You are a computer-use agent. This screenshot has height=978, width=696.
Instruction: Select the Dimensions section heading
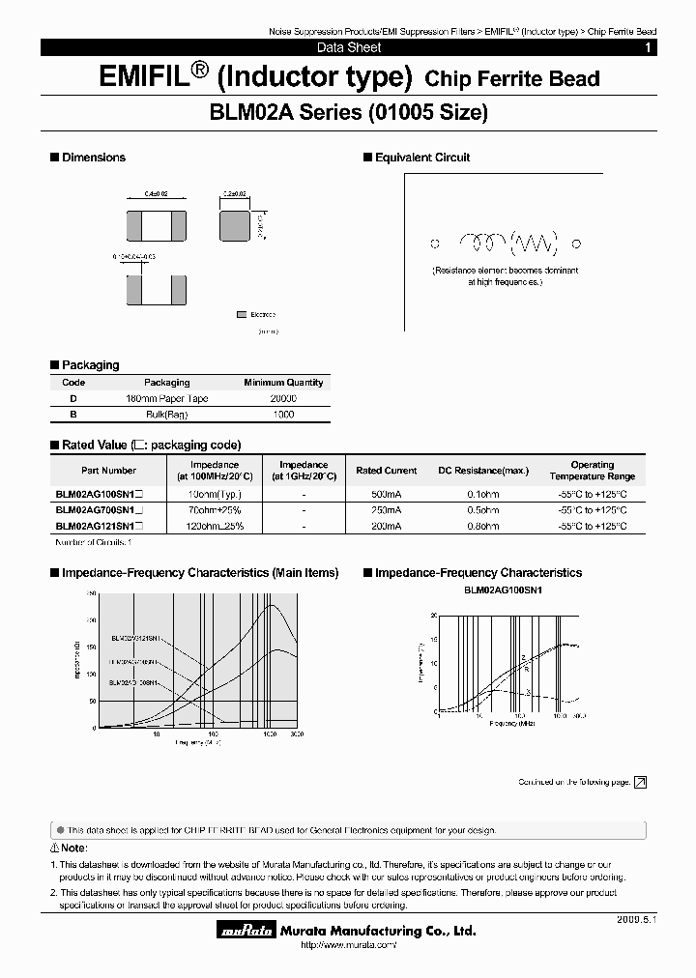(x=93, y=158)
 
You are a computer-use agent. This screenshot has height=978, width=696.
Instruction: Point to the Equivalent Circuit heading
(x=421, y=158)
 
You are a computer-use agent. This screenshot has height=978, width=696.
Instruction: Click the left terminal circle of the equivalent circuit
(x=435, y=244)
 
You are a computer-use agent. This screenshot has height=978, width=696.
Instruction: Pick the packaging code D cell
(x=73, y=398)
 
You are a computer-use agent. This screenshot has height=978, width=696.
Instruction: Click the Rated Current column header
(x=387, y=471)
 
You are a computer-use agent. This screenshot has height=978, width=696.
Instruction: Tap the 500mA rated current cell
(x=387, y=494)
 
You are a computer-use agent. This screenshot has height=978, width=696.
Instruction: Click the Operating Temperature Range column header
(x=592, y=471)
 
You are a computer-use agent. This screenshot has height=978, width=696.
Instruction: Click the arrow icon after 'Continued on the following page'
(x=640, y=782)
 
